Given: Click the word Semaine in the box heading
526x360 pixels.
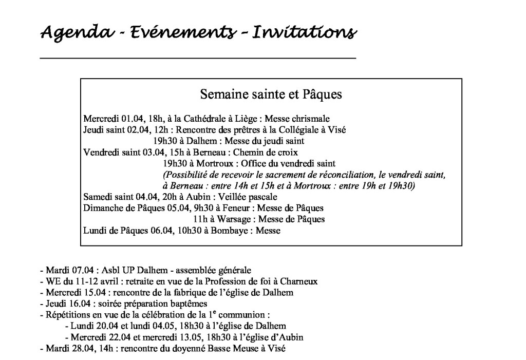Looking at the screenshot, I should point(219,95).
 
